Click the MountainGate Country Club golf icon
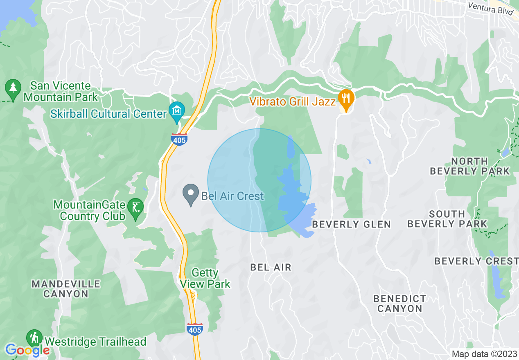[x=135, y=207]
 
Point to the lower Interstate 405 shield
[x=194, y=328]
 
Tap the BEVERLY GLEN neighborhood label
[x=351, y=224]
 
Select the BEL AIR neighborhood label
[x=271, y=268]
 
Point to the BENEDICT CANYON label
[x=400, y=304]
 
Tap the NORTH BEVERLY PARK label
[x=469, y=166]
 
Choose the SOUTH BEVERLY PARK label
[x=447, y=219]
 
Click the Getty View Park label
[x=205, y=278]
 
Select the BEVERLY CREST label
[x=476, y=261]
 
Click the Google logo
[x=27, y=350]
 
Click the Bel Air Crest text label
[x=232, y=196]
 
